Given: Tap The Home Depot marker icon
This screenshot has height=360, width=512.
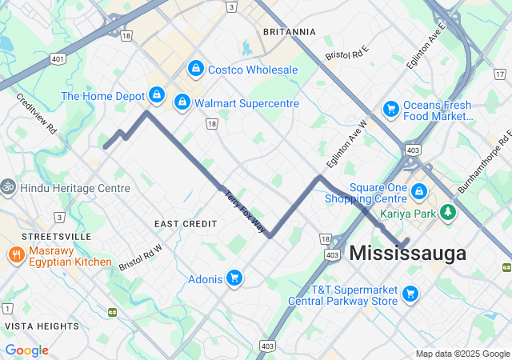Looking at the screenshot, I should pyautogui.click(x=158, y=95).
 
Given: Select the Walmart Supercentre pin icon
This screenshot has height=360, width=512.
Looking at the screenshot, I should pyautogui.click(x=182, y=102).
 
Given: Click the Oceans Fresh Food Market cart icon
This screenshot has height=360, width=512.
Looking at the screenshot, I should pyautogui.click(x=391, y=108).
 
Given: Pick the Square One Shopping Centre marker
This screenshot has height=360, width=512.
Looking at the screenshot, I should pyautogui.click(x=419, y=192).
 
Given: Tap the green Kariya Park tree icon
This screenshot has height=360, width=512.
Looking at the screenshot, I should pyautogui.click(x=450, y=212).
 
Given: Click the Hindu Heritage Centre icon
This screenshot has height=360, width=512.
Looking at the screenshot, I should pyautogui.click(x=8, y=187).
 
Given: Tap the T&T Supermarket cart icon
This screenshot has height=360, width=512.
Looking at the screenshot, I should pyautogui.click(x=410, y=294).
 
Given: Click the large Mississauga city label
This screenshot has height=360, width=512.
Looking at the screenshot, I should pyautogui.click(x=407, y=254).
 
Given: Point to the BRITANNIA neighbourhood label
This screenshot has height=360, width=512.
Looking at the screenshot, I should pyautogui.click(x=289, y=32).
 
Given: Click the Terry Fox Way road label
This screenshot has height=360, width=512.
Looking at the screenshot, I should pyautogui.click(x=244, y=211).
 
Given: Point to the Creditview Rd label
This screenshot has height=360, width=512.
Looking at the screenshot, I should pyautogui.click(x=37, y=112).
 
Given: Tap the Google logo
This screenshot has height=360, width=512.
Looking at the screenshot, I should pyautogui.click(x=27, y=350).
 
